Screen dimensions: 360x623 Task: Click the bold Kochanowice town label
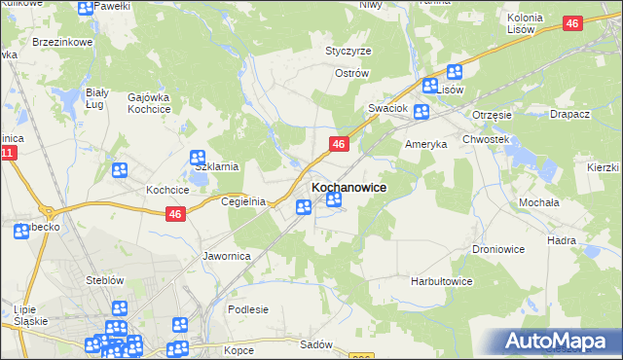pos(348,187)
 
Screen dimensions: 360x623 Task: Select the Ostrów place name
pos(351,73)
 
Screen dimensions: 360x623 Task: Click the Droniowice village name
pos(499,249)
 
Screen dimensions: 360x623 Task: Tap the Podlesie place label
pos(247,309)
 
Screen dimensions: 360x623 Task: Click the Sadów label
pos(316,345)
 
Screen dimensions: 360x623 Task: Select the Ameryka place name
pos(425,143)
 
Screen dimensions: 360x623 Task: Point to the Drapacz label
pos(569,114)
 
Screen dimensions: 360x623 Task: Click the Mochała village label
pos(538,202)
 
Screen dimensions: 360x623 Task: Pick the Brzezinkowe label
pos(62,43)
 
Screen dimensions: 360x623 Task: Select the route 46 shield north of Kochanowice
pos(339,144)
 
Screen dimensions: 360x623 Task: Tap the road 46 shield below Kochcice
pos(175,215)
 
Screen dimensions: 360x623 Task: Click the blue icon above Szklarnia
pos(198,157)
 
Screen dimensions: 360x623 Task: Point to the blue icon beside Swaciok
pos(421,112)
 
